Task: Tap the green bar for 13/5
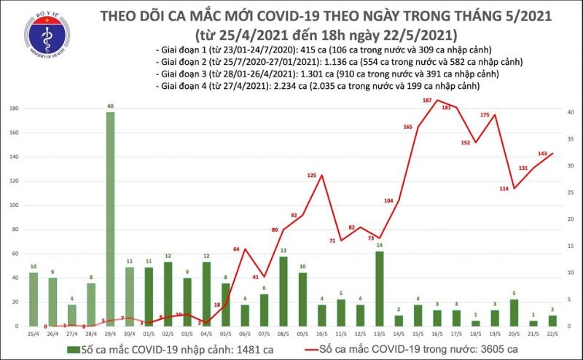pos(379,289)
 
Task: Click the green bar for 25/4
pos(34,299)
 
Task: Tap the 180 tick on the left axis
pos(13,109)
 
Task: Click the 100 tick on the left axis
pos(13,206)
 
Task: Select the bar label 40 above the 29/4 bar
pos(109,106)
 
